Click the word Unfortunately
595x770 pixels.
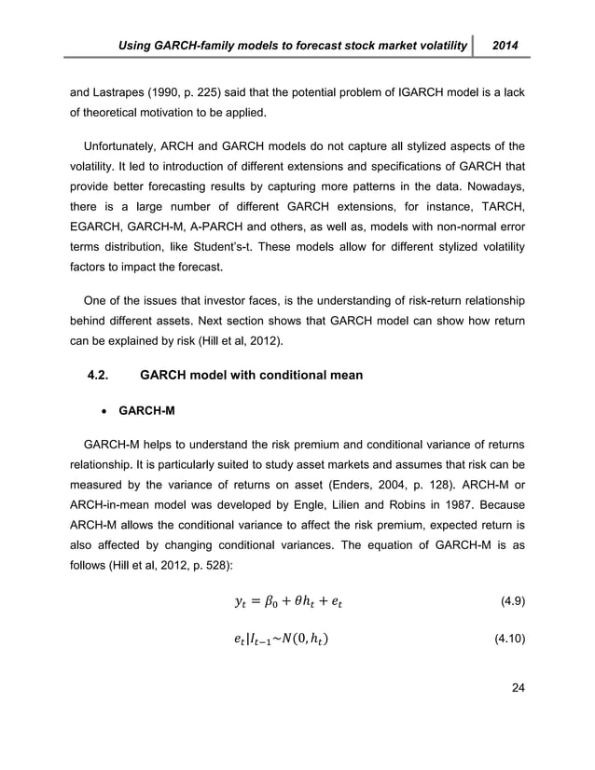click(x=124, y=145)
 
